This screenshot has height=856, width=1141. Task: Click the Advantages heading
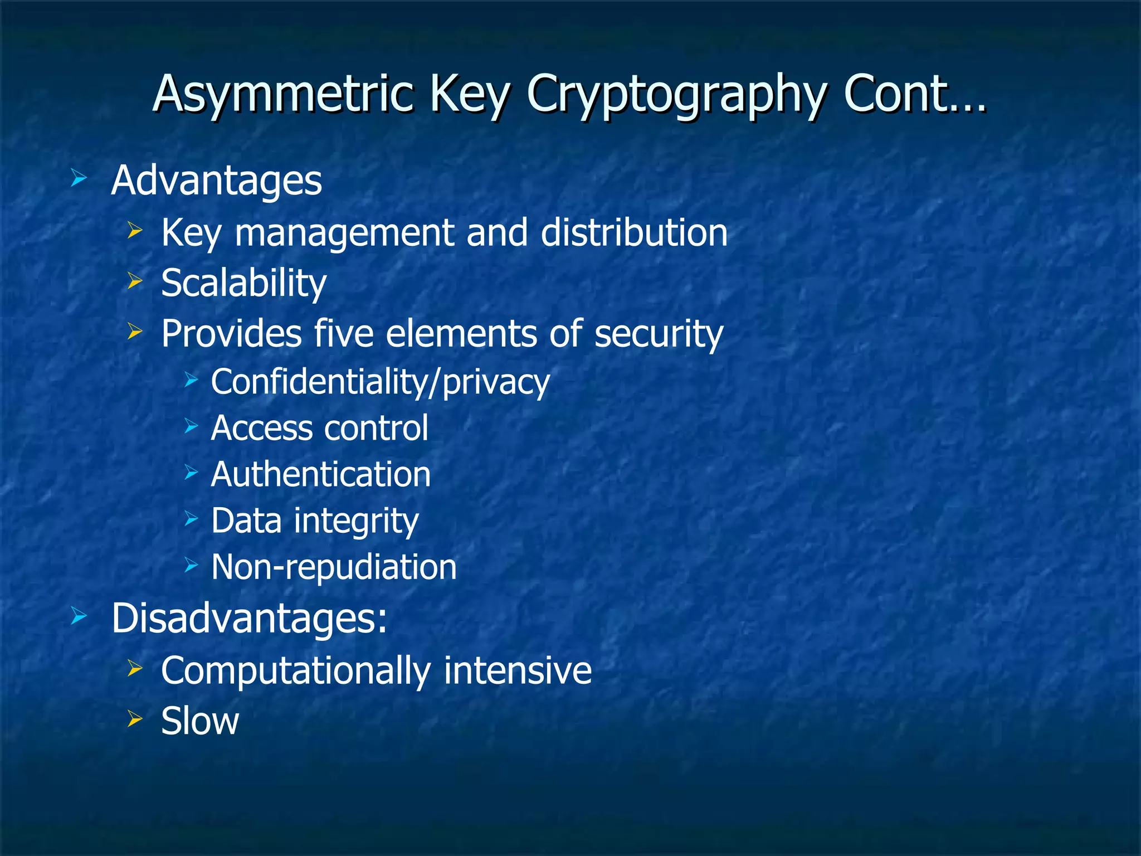pos(216,181)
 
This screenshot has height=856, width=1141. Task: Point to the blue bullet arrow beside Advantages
pos(79,179)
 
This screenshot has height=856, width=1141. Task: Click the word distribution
pos(634,232)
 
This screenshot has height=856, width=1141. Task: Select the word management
pos(344,234)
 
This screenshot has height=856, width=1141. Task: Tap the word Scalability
pos(243,283)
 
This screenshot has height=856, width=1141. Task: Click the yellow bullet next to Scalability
pos(135,281)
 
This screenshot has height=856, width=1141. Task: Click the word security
pos(659,334)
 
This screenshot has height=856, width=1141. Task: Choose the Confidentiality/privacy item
pos(381,382)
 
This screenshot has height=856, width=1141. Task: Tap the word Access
pos(261,428)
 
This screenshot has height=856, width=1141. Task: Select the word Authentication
pos(321,474)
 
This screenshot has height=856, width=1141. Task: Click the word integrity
pos(356,522)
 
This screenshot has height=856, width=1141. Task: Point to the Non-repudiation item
pos(334,567)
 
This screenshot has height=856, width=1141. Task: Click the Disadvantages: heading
pos(249,618)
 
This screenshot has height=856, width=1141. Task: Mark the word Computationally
pos(295,670)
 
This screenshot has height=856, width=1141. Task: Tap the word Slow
pos(200,721)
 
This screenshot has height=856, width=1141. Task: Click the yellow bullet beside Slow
pos(135,718)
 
